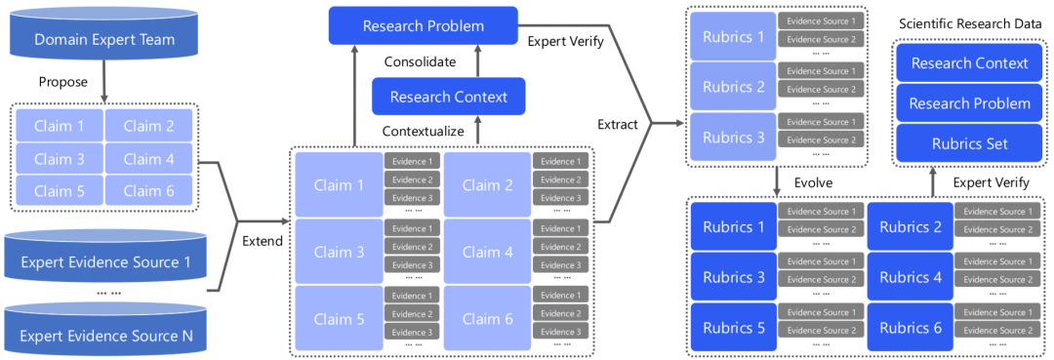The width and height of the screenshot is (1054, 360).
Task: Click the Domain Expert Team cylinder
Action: point(104,34)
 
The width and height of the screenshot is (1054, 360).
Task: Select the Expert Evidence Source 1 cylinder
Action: point(104,255)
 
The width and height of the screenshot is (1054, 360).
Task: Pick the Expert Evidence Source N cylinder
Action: point(104,328)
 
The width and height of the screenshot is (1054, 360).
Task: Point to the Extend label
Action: point(263,241)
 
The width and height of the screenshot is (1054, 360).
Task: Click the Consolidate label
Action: point(420,62)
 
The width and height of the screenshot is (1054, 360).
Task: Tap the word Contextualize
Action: point(424,131)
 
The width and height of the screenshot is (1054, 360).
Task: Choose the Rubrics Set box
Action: point(969,144)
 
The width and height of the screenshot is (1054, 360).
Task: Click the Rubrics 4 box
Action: point(911,277)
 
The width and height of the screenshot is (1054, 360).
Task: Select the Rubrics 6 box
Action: point(911,328)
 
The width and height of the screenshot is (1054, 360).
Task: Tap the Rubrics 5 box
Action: point(733,328)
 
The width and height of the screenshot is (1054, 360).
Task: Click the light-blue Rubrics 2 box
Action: point(733,87)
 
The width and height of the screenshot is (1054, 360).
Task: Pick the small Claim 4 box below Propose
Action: point(149,159)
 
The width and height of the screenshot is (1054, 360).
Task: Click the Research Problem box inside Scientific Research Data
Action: point(969,103)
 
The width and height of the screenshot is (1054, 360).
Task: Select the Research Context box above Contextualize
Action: point(449,97)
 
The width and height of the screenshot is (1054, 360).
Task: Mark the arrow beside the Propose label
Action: point(104,83)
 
